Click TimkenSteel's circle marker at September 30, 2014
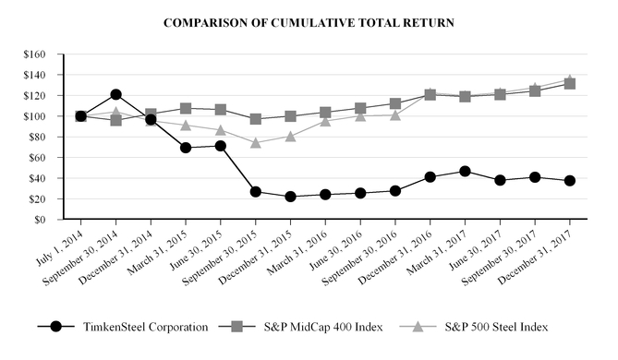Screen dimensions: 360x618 coord(115,94)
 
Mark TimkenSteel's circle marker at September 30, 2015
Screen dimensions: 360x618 coord(256,191)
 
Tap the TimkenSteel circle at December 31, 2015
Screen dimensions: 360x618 coord(291,197)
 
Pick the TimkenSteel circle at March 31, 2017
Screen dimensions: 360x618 coord(466,171)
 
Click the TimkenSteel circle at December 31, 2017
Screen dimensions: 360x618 coord(570,181)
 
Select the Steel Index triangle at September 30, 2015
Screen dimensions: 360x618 coord(256,143)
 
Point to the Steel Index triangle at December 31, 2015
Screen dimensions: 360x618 coord(291,136)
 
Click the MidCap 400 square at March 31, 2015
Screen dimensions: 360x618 coord(186,109)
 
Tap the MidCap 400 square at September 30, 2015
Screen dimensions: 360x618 coord(256,119)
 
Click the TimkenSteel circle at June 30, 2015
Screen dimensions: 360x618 coord(221,146)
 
